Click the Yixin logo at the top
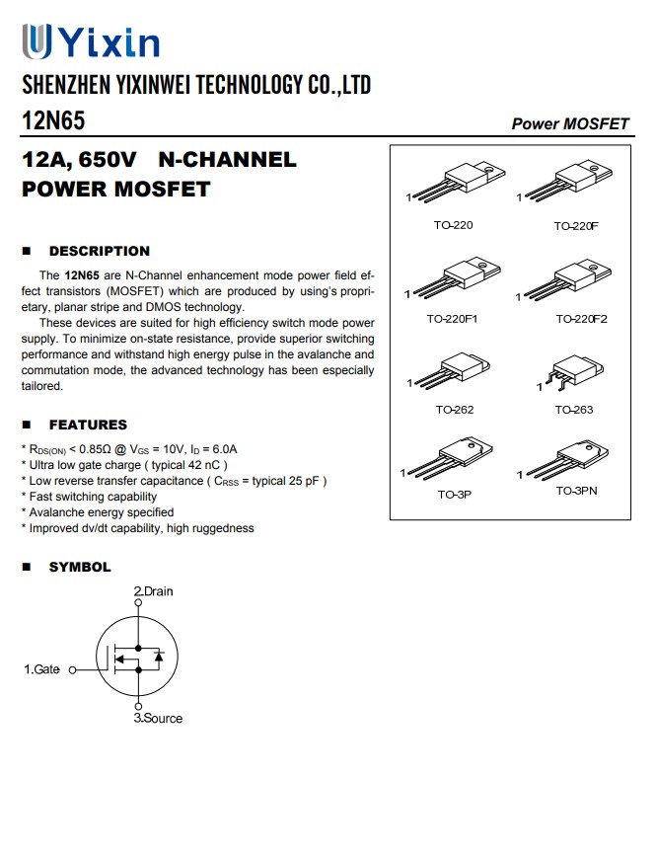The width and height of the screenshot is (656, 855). pos(90,41)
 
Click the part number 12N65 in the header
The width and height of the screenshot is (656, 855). pos(53,120)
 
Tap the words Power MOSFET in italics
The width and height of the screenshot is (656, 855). pos(569,123)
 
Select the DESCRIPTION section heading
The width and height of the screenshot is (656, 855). pos(99,251)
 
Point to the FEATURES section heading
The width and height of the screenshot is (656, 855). pos(88,425)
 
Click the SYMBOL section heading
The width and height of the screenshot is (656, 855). pos(80,567)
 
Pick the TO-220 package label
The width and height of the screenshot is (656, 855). pos(453,225)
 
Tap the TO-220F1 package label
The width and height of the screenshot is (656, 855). pos(453,319)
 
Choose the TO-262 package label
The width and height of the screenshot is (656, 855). pos(453,409)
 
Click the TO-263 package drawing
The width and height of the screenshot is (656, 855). pos(573,375)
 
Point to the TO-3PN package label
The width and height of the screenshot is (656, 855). pos(576,491)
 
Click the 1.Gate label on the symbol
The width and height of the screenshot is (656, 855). pos(41,669)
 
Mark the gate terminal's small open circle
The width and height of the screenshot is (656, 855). pos(71,669)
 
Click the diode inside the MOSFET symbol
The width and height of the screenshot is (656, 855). pos(158,656)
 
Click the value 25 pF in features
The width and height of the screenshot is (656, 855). pos(302,481)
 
